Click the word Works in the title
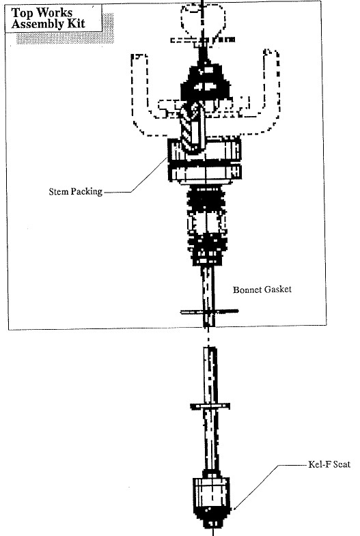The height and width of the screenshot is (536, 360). [x=55, y=13]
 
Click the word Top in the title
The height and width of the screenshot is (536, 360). [x=23, y=14]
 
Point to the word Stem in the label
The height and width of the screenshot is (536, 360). [x=59, y=191]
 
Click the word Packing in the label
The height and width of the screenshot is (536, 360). [x=87, y=192]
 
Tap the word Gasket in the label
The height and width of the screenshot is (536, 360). [x=278, y=290]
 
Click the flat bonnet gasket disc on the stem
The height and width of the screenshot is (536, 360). [x=209, y=311]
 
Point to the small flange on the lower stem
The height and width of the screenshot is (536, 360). [x=210, y=406]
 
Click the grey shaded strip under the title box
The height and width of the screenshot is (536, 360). [x=65, y=38]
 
